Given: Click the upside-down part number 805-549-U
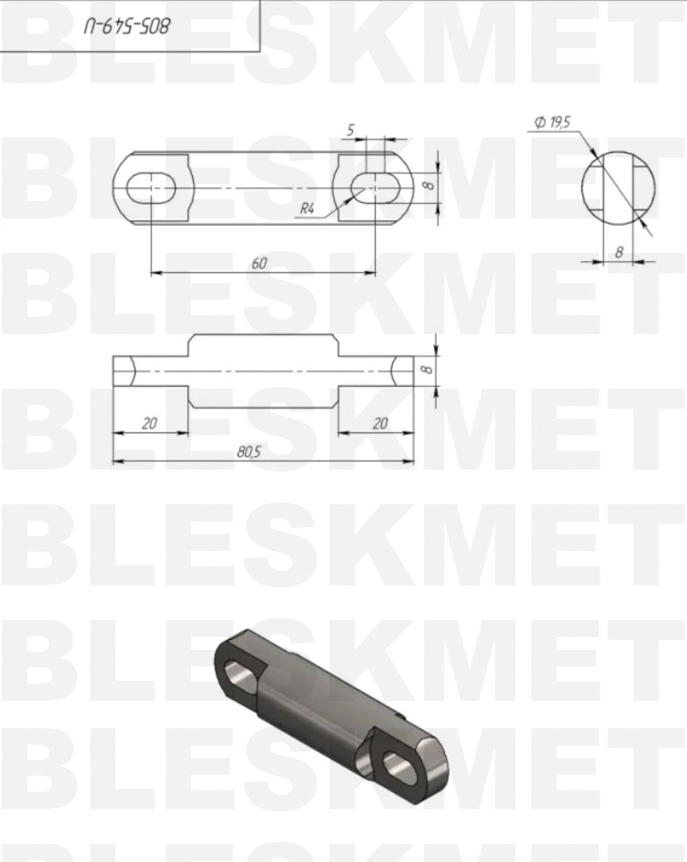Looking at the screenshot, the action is point(127,25).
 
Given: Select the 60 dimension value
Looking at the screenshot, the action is point(259,263).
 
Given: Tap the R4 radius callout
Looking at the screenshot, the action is point(307,208).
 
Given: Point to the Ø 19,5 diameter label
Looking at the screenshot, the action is point(553,122).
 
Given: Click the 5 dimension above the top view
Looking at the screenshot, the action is point(350,130).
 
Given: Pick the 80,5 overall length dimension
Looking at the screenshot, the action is point(249,451).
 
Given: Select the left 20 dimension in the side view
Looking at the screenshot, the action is point(149,423).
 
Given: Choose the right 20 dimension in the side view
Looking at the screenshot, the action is point(380,423).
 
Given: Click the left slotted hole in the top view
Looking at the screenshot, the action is point(151,188).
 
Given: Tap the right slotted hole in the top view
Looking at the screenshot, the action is point(376,188).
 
